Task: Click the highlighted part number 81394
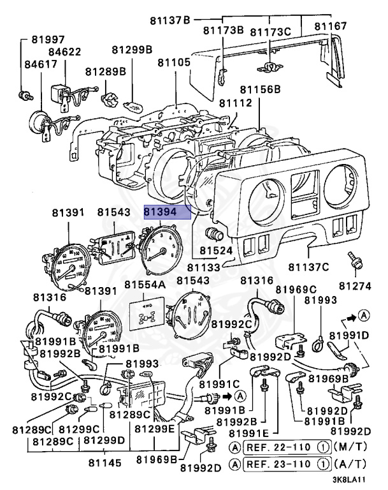(x=167, y=212)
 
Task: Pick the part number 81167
(x=331, y=26)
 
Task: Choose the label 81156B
(x=259, y=89)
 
